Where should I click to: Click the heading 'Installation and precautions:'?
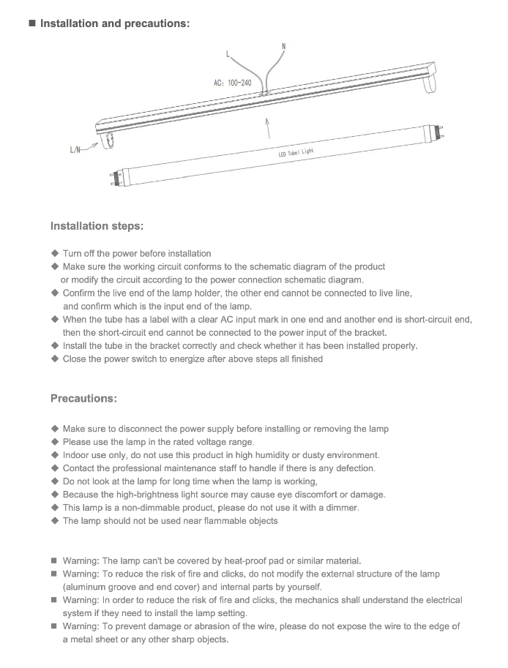(114, 23)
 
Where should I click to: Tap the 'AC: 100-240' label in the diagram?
(232, 83)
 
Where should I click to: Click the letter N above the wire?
(283, 47)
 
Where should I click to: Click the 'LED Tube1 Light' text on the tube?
(296, 153)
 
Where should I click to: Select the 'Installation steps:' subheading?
(97, 225)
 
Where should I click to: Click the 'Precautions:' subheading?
(83, 399)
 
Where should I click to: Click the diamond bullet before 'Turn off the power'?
(54, 253)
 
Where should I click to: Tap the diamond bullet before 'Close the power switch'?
(54, 359)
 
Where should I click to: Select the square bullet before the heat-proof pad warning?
(54, 561)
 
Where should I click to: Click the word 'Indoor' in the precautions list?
(78, 455)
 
